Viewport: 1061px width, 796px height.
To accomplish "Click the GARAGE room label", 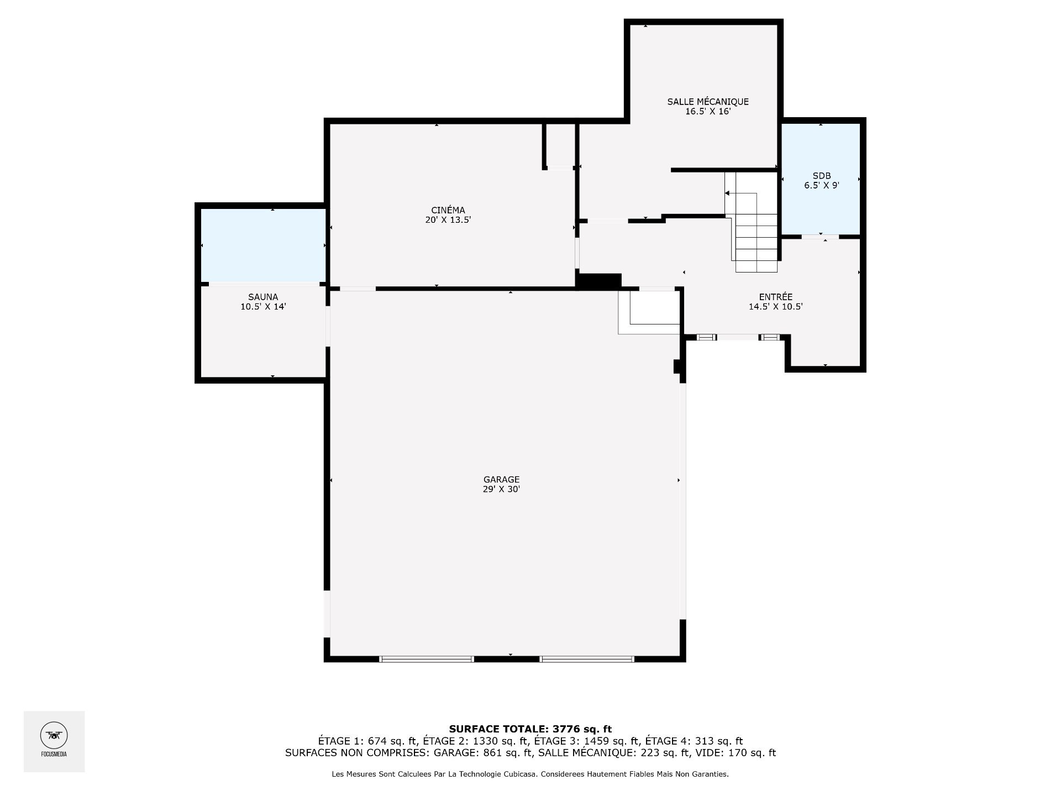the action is [x=501, y=480].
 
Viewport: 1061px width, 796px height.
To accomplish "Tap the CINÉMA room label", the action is [x=448, y=210].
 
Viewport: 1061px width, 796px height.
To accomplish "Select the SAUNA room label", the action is [x=263, y=297].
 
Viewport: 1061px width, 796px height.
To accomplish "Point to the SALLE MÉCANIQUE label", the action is [x=708, y=102].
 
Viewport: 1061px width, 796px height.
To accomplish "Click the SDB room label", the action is [x=822, y=176].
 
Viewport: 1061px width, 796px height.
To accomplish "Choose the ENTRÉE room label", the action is [x=775, y=297].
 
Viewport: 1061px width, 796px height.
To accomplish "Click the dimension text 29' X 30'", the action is [x=501, y=489].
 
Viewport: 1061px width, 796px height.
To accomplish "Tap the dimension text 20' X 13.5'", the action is [x=448, y=220].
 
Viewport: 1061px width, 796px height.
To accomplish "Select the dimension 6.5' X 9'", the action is [x=822, y=186].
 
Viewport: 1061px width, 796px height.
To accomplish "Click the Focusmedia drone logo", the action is [x=54, y=736].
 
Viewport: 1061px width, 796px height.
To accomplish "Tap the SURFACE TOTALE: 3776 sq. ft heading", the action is [x=530, y=729].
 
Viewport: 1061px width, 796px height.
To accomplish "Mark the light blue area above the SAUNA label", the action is [x=263, y=245].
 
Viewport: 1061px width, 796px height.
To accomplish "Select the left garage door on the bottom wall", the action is [x=427, y=659].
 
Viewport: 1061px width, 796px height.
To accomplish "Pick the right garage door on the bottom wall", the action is [x=587, y=659].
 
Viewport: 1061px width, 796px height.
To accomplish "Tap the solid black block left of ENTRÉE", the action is [x=599, y=281].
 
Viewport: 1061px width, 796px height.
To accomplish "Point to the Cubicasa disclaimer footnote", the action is [x=530, y=774].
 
